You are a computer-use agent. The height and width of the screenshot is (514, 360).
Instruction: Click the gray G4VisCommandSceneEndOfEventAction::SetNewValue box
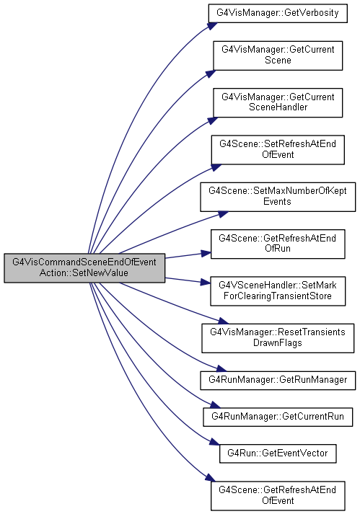coord(84,267)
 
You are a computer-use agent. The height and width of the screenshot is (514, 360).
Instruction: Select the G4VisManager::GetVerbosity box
coord(278,13)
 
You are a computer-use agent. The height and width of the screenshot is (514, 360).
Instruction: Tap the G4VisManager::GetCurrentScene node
coord(278,56)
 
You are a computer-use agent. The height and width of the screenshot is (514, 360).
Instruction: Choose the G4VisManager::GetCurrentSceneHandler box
coord(278,102)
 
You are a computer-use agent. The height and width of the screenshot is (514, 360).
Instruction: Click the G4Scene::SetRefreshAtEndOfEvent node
coord(278,149)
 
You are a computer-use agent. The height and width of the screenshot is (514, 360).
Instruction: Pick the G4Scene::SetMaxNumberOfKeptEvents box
coord(278,197)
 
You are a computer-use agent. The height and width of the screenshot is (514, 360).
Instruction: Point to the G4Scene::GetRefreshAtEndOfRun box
coord(278,244)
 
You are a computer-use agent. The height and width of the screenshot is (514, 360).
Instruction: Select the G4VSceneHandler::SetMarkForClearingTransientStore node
coord(278,291)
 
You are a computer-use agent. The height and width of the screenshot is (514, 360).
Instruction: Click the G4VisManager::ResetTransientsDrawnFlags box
coord(278,338)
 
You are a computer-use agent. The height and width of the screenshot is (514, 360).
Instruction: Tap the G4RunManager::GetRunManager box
coord(278,380)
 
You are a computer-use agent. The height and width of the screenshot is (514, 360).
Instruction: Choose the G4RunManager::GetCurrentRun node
coord(278,417)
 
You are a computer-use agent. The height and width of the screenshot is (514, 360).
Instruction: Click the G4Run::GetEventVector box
coord(278,453)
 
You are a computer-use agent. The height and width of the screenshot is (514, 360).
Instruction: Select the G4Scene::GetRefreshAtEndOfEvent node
coord(278,496)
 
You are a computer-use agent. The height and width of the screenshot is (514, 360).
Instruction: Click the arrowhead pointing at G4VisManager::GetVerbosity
coord(212,26)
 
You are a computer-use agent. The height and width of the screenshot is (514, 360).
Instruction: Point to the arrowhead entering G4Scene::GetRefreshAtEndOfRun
coord(206,253)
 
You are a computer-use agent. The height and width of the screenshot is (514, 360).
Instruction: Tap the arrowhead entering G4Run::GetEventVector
coord(214,442)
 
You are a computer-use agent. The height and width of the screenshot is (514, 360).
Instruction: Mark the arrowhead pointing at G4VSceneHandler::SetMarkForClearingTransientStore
coord(206,283)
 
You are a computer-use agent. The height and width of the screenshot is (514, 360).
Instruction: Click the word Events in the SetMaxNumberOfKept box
coord(277,201)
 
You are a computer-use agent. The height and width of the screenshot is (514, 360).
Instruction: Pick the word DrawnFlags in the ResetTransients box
coord(278,343)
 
